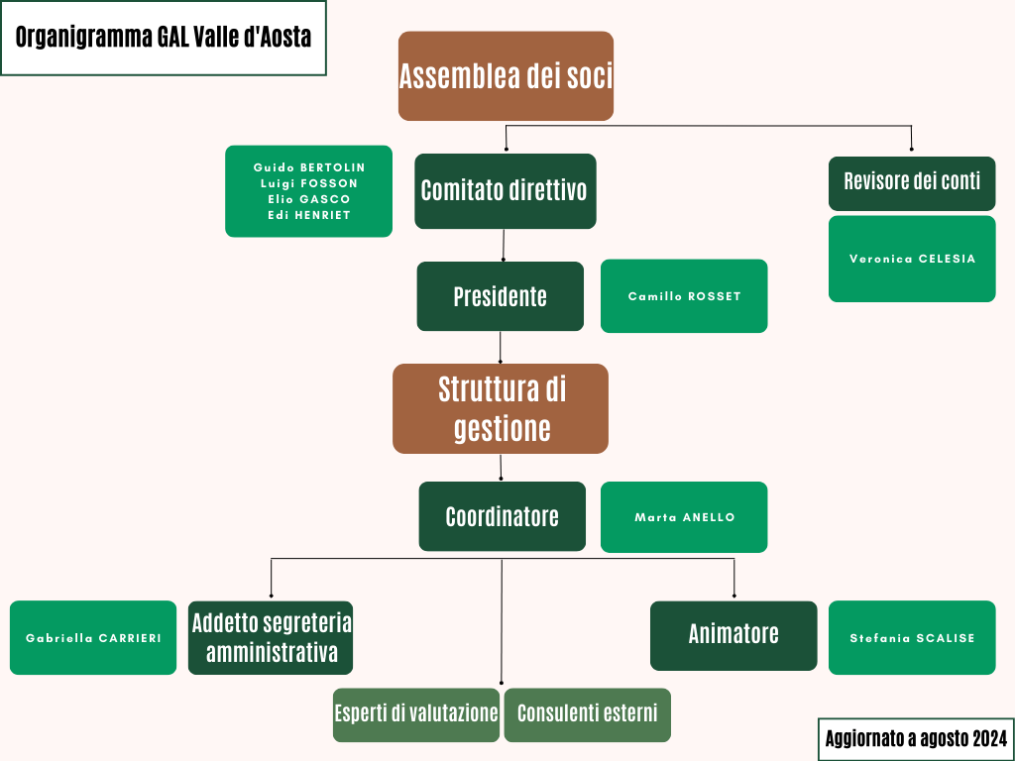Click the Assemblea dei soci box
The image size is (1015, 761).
tap(506, 76)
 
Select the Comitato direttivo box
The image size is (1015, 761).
tap(505, 191)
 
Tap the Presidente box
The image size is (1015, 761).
tap(500, 296)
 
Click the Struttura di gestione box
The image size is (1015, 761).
tap(501, 408)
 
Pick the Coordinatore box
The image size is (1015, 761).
tap(502, 516)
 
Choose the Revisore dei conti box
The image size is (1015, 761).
tap(912, 182)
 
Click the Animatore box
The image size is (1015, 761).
tap(733, 635)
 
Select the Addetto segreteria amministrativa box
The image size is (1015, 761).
tap(271, 638)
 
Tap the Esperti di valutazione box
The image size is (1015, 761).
tap(416, 714)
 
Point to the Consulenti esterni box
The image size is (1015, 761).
tap(587, 714)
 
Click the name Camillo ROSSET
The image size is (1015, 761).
tap(684, 296)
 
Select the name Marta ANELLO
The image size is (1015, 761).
tap(684, 517)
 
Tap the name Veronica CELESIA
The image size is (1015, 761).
tap(912, 259)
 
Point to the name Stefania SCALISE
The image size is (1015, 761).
tap(912, 638)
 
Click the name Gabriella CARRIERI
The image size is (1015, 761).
tap(93, 638)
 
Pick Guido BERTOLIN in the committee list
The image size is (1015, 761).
tap(309, 167)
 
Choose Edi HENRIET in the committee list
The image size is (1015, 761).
tap(309, 215)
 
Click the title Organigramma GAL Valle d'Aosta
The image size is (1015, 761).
tap(164, 38)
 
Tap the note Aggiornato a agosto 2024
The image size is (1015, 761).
tap(916, 738)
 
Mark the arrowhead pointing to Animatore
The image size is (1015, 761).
tap(733, 595)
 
